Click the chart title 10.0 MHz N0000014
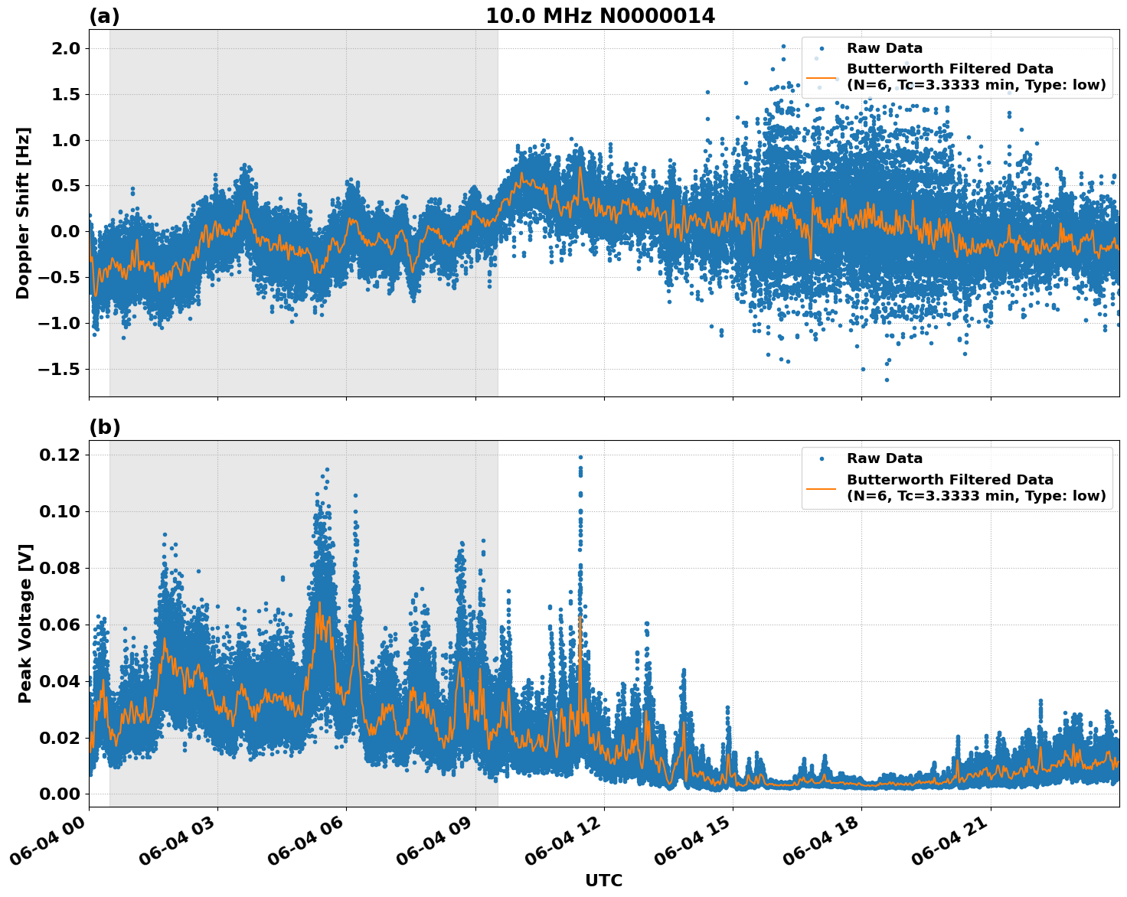click(600, 16)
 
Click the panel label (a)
click(104, 16)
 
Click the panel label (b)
click(104, 427)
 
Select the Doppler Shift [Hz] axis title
click(23, 213)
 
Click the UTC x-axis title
click(603, 880)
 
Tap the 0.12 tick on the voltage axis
click(60, 455)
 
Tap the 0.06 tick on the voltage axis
click(60, 625)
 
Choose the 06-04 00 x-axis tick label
click(54, 842)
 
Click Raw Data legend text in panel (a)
click(884, 48)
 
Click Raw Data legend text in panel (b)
click(884, 458)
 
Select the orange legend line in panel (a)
click(822, 77)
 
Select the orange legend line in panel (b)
click(822, 488)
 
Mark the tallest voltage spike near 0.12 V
click(580, 458)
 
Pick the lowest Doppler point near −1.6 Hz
click(887, 380)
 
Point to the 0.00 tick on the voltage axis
click(60, 794)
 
